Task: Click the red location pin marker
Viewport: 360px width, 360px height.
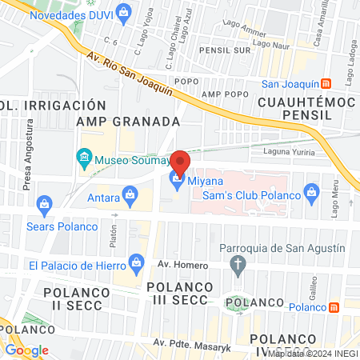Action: coord(180,162)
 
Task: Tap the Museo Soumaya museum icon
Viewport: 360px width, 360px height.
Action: coord(84,158)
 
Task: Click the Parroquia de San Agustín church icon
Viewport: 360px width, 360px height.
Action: coord(238,263)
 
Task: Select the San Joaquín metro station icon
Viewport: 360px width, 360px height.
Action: coord(326,84)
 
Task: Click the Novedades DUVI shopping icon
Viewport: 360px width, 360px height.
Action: coord(123,11)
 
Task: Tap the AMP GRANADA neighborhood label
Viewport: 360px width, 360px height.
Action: coord(127,121)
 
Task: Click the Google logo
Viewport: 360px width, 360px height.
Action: coord(26,350)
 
